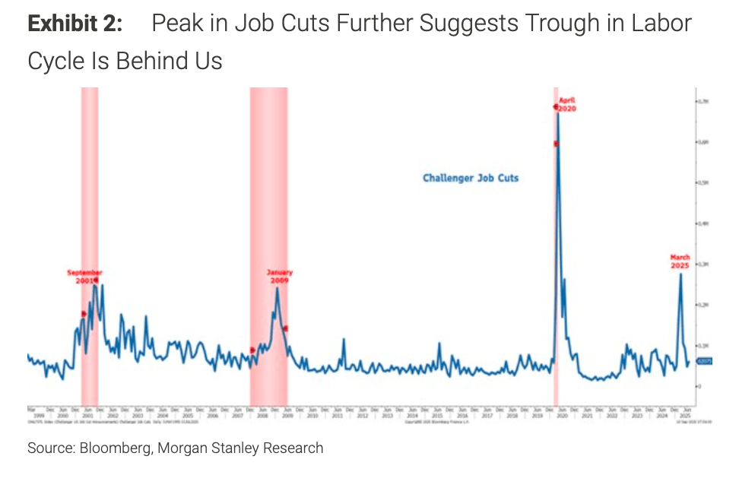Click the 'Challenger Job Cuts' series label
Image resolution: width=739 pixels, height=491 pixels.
[x=471, y=179]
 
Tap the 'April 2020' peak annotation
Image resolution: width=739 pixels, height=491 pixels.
[x=567, y=105]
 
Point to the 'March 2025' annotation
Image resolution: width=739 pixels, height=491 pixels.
[x=680, y=262]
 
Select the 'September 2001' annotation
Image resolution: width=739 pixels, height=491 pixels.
[x=84, y=277]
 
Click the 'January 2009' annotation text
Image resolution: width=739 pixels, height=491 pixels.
[x=279, y=277]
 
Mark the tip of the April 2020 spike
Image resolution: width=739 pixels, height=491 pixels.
[x=558, y=112]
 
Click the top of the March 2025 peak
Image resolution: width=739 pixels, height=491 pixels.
[x=680, y=274]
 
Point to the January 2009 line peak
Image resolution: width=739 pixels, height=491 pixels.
[x=277, y=288]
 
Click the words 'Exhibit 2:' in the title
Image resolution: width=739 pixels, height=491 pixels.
[x=75, y=24]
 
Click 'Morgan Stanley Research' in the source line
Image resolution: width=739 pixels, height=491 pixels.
[x=240, y=448]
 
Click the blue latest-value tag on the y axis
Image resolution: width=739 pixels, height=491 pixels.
[x=703, y=362]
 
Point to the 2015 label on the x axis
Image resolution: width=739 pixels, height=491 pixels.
[x=436, y=417]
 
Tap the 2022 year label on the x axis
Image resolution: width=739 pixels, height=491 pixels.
[x=611, y=417]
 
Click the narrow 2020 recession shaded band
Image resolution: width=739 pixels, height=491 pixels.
[x=556, y=243]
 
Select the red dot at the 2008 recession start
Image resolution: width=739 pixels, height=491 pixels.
[x=252, y=350]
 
